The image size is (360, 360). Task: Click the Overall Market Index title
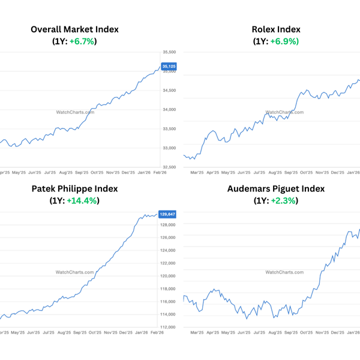click(74, 29)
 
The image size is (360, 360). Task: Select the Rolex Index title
click(276, 29)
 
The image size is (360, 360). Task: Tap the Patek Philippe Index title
click(74, 188)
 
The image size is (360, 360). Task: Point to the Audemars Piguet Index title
click(276, 188)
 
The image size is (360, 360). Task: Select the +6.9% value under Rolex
click(285, 41)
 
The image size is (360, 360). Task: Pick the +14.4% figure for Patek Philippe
click(83, 200)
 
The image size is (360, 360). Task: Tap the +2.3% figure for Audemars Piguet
click(283, 200)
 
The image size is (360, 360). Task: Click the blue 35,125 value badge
click(169, 66)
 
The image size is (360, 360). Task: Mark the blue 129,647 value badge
click(168, 214)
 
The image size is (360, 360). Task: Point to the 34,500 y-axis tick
click(170, 91)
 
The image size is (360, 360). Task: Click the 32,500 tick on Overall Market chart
click(170, 167)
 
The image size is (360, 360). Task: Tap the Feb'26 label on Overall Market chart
click(160, 172)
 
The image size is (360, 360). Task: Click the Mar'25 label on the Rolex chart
click(197, 172)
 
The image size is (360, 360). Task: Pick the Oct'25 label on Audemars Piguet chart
click(307, 332)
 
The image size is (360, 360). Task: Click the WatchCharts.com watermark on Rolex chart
click(284, 112)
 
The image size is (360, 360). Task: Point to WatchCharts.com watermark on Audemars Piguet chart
click(284, 272)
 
